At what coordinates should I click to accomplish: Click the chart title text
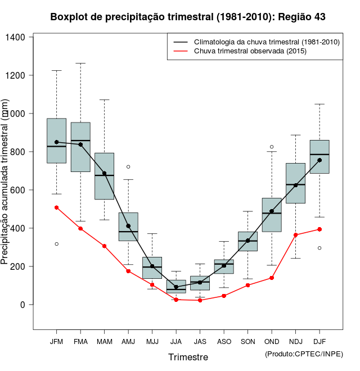pos(187,17)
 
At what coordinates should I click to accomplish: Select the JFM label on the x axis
pos(56,342)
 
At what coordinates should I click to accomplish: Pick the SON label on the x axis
pos(248,342)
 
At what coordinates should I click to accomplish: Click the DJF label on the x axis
pos(319,342)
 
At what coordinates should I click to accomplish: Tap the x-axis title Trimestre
pos(188,357)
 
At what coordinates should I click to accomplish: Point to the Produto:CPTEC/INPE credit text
pos(303,354)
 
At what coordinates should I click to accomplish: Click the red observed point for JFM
pos(56,207)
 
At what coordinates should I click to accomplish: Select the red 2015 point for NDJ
pos(295,235)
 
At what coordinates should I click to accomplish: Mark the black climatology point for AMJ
pos(128,226)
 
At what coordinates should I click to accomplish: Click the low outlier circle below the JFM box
pos(56,244)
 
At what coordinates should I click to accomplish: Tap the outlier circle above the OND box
pos(272,147)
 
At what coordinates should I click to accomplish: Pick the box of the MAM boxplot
pos(104,176)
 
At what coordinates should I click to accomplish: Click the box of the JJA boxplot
pos(176,286)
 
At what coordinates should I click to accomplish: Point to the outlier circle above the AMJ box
pos(128,167)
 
